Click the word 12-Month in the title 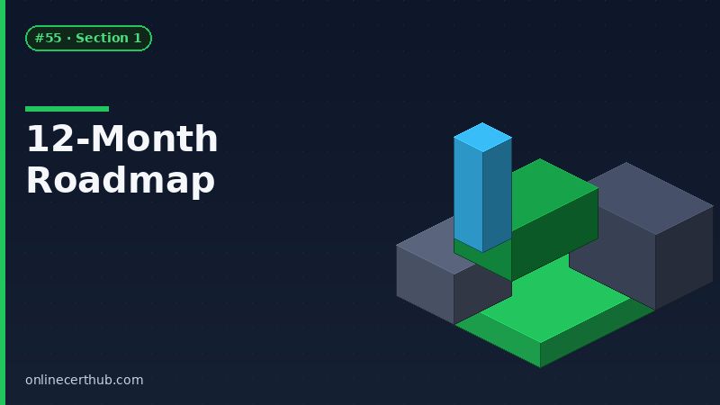pos(121,139)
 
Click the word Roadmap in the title pos(120,180)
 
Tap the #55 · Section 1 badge pos(88,38)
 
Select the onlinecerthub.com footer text pos(84,380)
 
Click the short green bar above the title pos(67,109)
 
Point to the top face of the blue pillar pos(482,137)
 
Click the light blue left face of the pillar pos(468,193)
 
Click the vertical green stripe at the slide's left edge pos(3,202)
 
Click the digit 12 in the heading pos(43,139)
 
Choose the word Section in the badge pos(102,38)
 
